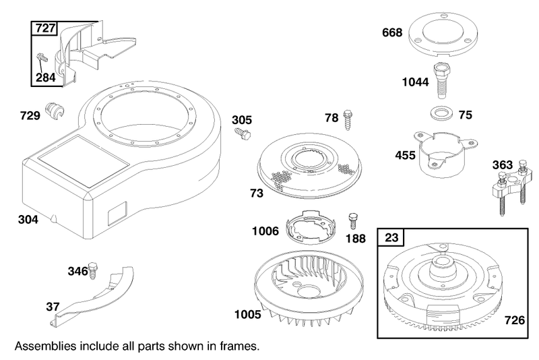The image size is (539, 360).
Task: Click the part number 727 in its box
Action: pyautogui.click(x=45, y=28)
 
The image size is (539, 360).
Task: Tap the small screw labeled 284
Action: pyautogui.click(x=41, y=57)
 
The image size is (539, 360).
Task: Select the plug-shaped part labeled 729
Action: pyautogui.click(x=55, y=111)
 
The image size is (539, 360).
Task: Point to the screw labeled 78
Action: pyautogui.click(x=348, y=119)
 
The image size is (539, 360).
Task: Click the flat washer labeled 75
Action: pyautogui.click(x=442, y=113)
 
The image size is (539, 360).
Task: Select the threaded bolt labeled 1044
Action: pyautogui.click(x=441, y=81)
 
